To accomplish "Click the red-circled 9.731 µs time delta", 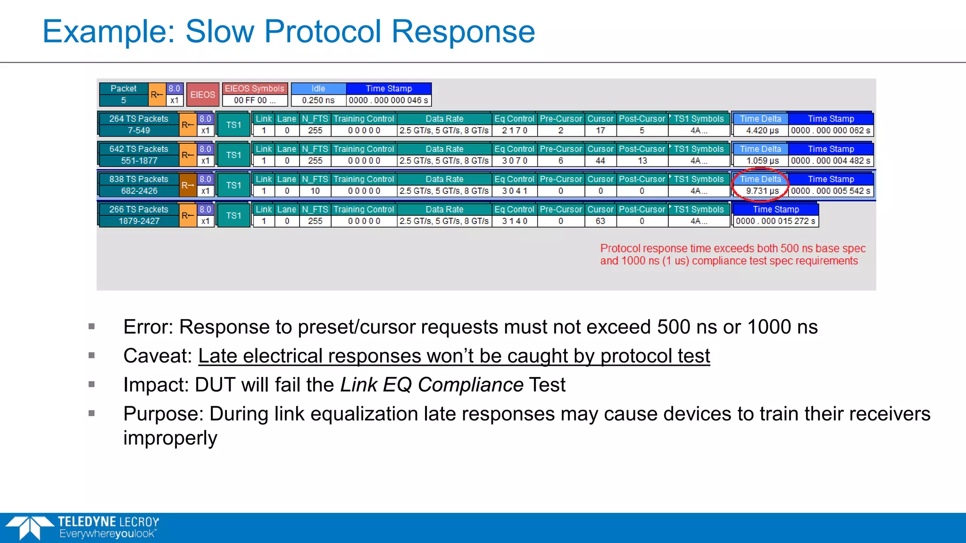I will pos(762,191).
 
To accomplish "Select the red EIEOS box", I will pos(203,95).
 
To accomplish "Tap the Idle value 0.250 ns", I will pos(318,100).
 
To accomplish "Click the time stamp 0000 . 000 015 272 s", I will pos(775,221).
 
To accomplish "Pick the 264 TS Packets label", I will pos(139,119).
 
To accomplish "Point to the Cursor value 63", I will pos(600,221).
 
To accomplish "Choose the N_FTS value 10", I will pos(315,191).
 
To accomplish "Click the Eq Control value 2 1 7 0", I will pos(514,131).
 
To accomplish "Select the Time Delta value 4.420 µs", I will pos(762,131).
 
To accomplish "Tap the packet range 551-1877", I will pos(139,161).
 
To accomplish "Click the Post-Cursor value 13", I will pos(642,161).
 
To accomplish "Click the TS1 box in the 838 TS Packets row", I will pos(233,185).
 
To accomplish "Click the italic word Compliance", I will pos(470,385).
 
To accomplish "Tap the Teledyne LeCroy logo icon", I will pos(29,527).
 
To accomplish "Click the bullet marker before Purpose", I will pos(92,413).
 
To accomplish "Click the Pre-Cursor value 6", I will pos(560,161).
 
